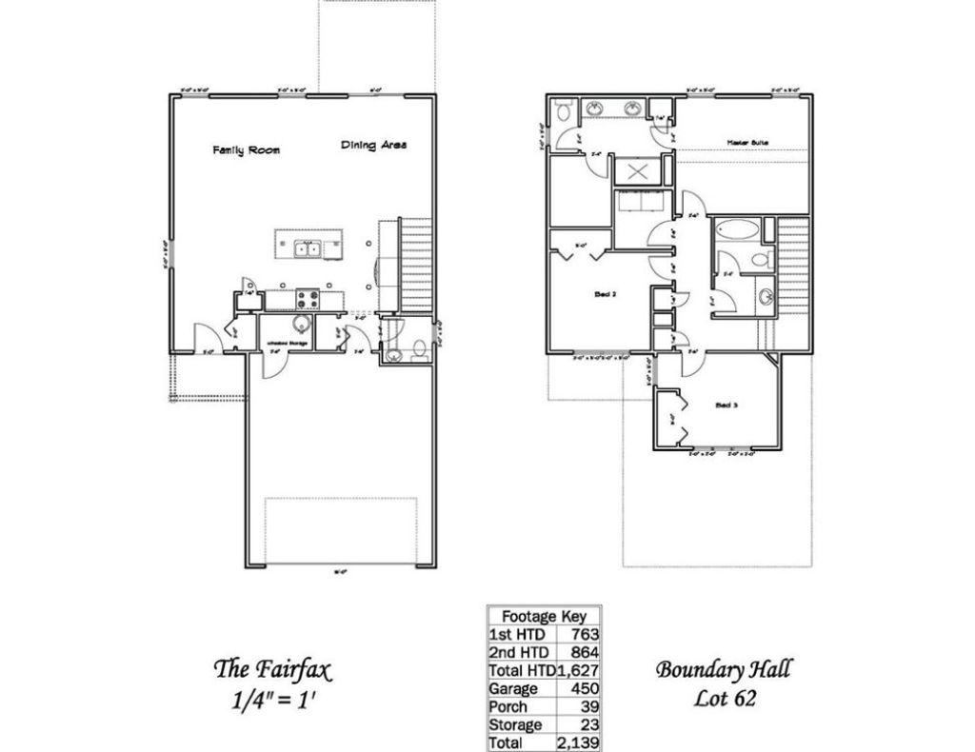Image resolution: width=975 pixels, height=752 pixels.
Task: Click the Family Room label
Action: tap(246, 150)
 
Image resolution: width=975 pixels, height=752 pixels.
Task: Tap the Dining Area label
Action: tap(373, 145)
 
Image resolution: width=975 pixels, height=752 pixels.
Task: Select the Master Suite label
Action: tap(747, 143)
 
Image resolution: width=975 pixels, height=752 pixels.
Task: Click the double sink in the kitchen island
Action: tap(307, 249)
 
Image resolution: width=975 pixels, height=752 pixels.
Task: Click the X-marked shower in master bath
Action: tap(638, 171)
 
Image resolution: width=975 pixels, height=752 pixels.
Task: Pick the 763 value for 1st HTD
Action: tap(584, 634)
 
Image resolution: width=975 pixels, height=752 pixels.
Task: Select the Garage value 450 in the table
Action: tap(582, 688)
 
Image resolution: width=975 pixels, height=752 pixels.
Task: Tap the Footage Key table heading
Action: tap(544, 615)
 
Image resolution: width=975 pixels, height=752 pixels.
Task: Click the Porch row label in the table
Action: tap(508, 706)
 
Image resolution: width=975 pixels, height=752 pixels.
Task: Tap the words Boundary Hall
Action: tap(724, 669)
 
